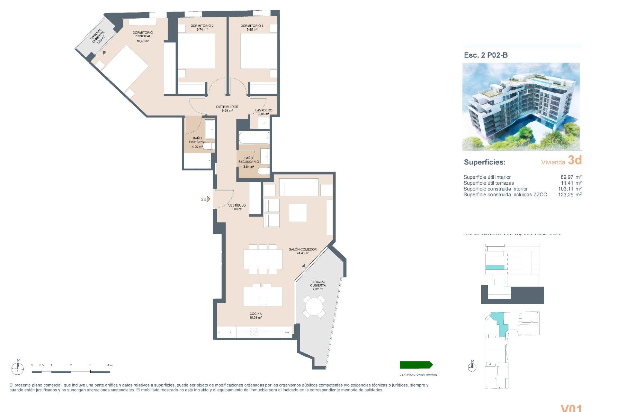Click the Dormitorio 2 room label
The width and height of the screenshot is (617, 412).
coord(202,26)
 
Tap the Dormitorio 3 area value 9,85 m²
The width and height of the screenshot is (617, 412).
coord(252,30)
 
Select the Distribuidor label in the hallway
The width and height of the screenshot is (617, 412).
coord(227,107)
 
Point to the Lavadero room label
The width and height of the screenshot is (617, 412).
coord(264,110)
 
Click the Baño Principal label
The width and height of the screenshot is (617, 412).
coord(197,140)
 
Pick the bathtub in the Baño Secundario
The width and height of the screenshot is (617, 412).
coord(254,138)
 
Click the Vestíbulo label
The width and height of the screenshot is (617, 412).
coord(237,205)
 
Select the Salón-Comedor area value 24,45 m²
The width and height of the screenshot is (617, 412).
coord(302,253)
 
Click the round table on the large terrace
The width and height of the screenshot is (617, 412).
coord(314,306)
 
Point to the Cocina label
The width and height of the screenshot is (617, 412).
coord(255,314)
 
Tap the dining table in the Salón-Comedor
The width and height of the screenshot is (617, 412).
coord(263,259)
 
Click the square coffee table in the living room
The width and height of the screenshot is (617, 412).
coord(298,213)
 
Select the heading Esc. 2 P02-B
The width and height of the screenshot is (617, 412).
coord(486,55)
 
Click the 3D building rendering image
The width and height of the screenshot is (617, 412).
coord(521,107)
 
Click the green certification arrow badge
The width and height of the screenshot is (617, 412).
coord(416,365)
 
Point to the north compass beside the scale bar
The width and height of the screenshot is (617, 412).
coord(18,367)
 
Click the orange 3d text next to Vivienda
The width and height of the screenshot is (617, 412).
coord(575,160)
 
